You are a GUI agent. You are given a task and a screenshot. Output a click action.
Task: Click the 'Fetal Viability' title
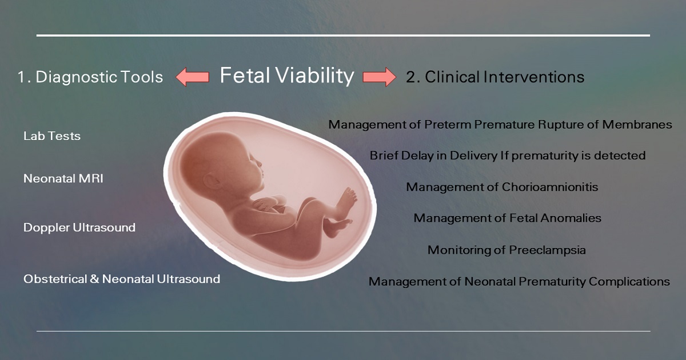(287, 75)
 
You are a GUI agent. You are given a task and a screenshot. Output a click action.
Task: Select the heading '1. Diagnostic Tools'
(90, 77)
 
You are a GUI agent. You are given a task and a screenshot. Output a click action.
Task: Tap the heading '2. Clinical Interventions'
(495, 77)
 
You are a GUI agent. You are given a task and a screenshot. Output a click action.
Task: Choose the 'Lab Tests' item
(52, 136)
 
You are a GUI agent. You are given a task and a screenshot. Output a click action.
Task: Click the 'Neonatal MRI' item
(63, 179)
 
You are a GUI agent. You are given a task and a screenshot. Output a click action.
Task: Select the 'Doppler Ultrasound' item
(79, 227)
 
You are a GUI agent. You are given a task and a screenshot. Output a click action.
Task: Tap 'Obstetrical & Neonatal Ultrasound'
(122, 279)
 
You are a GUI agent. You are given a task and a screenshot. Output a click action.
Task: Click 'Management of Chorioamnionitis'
(502, 187)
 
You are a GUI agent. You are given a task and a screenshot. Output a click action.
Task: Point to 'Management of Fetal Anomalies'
(507, 218)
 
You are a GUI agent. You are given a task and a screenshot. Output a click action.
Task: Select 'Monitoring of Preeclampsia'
(506, 250)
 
